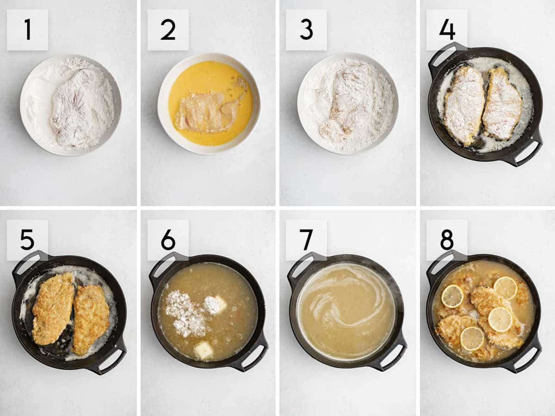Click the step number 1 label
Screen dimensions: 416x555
coord(27,30)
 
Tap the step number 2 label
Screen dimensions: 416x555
coord(168,30)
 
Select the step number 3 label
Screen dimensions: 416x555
coord(306,30)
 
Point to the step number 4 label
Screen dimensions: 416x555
coord(447,30)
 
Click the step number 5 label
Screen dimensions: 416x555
coord(27,240)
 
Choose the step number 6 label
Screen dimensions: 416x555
coord(168,240)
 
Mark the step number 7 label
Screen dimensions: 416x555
coord(306,240)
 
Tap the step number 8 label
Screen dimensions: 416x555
coord(447,240)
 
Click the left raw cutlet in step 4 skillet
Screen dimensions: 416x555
coord(463,104)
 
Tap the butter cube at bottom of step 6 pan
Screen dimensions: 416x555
coord(203,350)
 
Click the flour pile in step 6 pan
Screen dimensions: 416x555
coord(185,312)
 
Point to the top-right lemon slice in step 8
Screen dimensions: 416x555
coord(505,288)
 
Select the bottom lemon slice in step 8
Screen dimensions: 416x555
coord(472,338)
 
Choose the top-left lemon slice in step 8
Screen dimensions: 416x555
coord(452,296)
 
